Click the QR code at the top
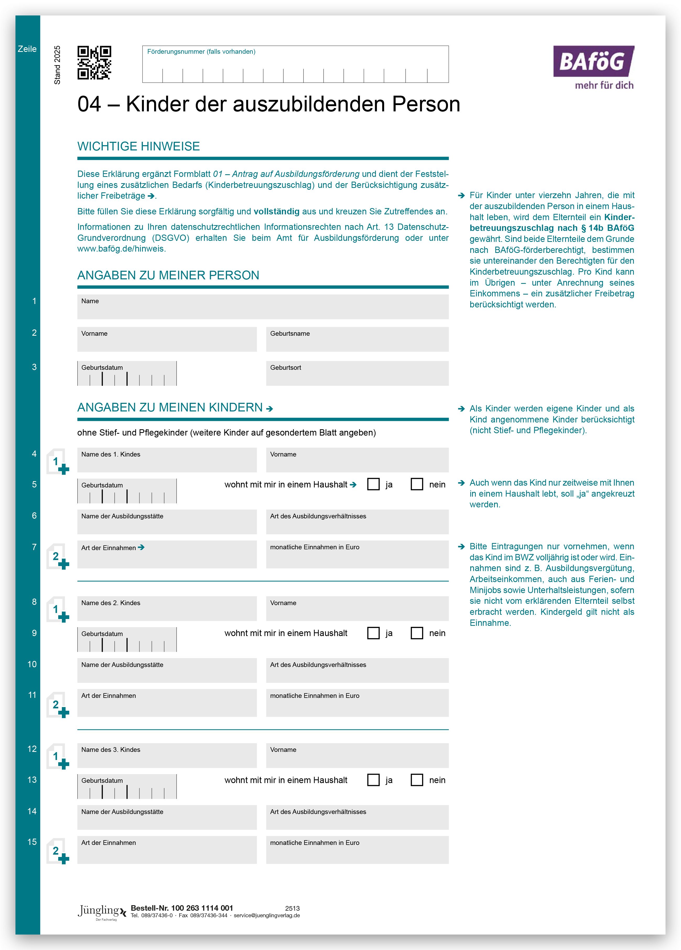pyautogui.click(x=94, y=63)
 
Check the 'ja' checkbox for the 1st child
pyautogui.click(x=373, y=484)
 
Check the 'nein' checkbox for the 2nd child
pyautogui.click(x=417, y=633)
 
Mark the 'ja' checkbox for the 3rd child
pyautogui.click(x=373, y=780)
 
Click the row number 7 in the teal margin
pyautogui.click(x=34, y=547)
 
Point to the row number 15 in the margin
pyautogui.click(x=32, y=842)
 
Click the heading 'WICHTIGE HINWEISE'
pyautogui.click(x=138, y=146)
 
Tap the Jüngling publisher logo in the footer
pyautogui.click(x=101, y=912)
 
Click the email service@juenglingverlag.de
pyautogui.click(x=267, y=916)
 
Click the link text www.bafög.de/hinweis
pyautogui.click(x=121, y=249)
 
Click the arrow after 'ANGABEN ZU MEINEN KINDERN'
pyautogui.click(x=269, y=408)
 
